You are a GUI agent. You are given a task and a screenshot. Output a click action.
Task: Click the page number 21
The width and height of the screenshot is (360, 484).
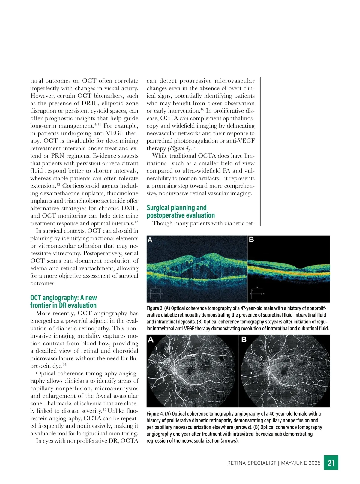[331, 463]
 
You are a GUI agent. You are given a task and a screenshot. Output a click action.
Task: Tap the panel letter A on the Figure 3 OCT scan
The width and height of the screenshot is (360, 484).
[150, 240]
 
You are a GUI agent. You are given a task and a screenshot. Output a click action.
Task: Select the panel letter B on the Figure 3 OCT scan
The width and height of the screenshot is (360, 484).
[252, 240]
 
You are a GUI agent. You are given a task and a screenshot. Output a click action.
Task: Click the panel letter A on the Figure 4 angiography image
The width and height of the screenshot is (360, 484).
[151, 340]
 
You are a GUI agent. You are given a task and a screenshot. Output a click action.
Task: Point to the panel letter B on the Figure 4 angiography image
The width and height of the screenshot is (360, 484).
[244, 340]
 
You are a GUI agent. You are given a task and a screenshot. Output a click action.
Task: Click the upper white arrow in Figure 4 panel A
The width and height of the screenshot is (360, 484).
[165, 355]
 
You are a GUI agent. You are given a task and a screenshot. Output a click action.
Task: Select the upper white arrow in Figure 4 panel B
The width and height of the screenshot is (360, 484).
[261, 356]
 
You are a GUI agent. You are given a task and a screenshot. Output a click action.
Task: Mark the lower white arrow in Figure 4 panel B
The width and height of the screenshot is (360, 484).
[252, 373]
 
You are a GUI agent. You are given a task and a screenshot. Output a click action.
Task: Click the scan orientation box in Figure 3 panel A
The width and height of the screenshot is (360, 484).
[155, 294]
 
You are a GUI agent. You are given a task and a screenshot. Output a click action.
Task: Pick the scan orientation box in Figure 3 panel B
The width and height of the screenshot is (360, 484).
[257, 294]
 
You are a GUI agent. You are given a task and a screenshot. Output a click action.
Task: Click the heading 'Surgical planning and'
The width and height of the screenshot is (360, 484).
[176, 208]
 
